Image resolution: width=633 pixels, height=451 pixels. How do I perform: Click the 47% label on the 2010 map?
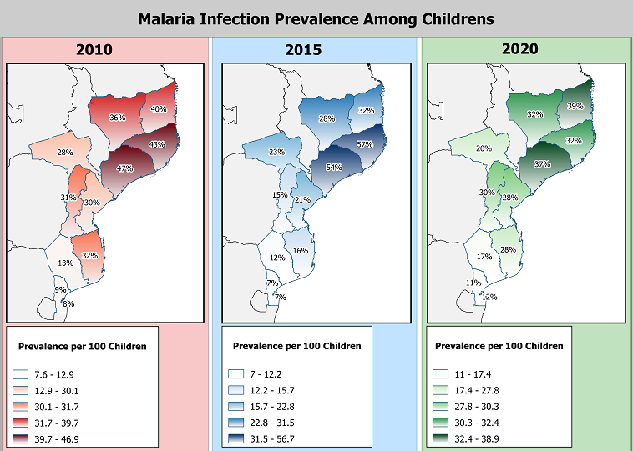(124, 168)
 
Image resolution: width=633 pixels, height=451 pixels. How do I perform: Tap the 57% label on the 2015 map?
(365, 144)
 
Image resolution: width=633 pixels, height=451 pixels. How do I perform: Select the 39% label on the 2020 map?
(575, 106)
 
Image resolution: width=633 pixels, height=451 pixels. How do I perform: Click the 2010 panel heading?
(94, 49)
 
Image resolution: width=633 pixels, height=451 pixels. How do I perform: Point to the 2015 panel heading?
(303, 49)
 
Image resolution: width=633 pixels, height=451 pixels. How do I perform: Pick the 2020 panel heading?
(520, 48)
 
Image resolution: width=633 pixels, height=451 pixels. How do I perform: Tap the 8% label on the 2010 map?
(68, 304)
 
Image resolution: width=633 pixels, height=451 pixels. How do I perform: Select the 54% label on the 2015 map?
(334, 168)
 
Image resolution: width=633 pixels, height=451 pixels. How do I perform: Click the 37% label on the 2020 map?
(542, 164)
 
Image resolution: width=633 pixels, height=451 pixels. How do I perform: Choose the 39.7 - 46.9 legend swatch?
(20, 438)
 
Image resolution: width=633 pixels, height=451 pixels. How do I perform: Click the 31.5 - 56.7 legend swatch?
(235, 438)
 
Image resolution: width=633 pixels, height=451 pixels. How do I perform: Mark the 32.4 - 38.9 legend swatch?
(440, 438)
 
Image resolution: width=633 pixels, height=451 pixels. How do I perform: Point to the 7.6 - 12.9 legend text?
(54, 375)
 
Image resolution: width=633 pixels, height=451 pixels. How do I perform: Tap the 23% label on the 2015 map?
(277, 152)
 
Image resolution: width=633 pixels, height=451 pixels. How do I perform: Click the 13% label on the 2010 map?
(65, 263)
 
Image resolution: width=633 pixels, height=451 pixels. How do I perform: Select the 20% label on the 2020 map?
(484, 148)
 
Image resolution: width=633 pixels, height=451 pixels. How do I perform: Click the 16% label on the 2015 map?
(301, 251)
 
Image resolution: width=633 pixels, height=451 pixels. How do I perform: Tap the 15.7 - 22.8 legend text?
(272, 407)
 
